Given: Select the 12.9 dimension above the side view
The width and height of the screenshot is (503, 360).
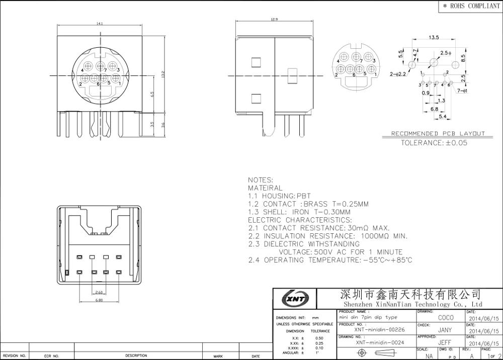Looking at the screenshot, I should coord(274,19).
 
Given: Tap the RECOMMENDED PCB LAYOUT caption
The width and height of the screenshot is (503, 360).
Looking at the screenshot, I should coord(438,134).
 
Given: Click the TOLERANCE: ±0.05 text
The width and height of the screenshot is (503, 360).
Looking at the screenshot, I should coord(434,143).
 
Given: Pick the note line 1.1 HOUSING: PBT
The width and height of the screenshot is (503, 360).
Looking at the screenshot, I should coord(279,196).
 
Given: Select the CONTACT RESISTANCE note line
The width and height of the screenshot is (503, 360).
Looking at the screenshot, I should coord(319,228).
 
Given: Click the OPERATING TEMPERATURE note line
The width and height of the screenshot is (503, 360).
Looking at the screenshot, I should coord(330,260).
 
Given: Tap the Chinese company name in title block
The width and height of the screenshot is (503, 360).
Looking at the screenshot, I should coord(410,294).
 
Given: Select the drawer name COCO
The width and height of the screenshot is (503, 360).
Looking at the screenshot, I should coord(446,317).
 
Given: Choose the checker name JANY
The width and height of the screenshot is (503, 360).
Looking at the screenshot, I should coord(446,330).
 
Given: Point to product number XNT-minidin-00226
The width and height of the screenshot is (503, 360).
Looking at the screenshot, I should coord(379,330).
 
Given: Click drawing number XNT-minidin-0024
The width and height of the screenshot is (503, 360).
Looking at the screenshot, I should coord(380,342).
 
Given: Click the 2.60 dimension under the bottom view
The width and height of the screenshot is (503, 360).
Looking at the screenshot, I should coord(99,292).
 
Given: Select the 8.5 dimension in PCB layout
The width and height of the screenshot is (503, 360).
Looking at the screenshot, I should coord(469,58).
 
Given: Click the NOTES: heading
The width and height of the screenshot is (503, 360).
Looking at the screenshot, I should coord(261,180).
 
